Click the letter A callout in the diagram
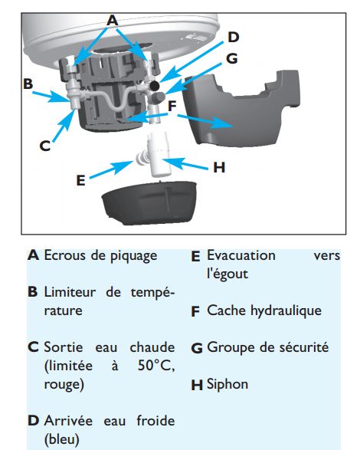[x=112, y=21]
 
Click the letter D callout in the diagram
[x=233, y=38]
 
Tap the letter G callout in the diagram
[x=232, y=58]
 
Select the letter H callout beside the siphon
[x=219, y=167]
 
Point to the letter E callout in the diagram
[x=81, y=180]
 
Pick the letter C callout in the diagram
[x=44, y=146]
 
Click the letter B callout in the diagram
[x=28, y=84]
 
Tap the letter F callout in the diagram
[x=172, y=107]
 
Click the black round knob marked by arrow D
[x=155, y=85]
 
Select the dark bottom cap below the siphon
[x=149, y=202]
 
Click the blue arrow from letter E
[x=111, y=169]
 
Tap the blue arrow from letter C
[x=64, y=126]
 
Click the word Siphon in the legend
[x=227, y=385]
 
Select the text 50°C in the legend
[x=156, y=366]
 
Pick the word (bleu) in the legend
[x=62, y=439]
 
